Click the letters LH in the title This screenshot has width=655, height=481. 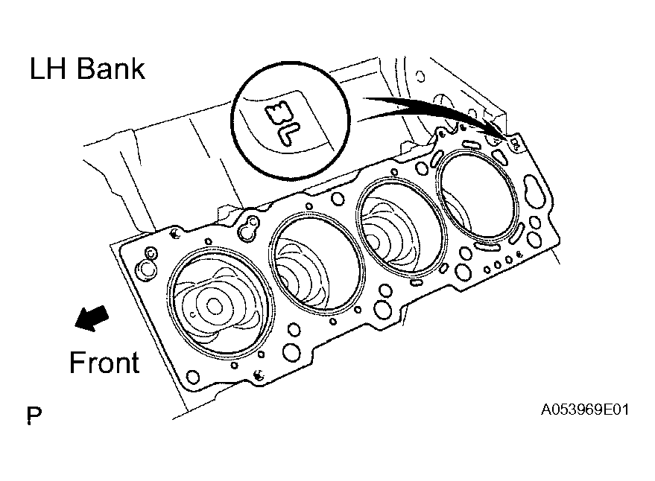click(x=48, y=69)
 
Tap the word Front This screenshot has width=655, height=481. click(x=104, y=363)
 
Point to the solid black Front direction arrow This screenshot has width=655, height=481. click(x=92, y=318)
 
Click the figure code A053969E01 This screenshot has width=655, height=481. click(x=585, y=410)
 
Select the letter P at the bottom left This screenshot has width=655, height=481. click(x=34, y=415)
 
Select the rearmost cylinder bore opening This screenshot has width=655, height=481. click(x=477, y=196)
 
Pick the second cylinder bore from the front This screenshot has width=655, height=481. click(x=317, y=263)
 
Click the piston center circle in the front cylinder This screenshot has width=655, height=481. click(x=215, y=307)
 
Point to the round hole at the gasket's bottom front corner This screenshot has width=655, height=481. click(x=192, y=378)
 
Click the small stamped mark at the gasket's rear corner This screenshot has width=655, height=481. click(x=515, y=144)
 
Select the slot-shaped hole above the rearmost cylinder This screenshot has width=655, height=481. click(x=473, y=144)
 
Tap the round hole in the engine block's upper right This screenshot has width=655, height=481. click(x=421, y=77)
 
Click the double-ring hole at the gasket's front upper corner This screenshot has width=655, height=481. click(x=151, y=253)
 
